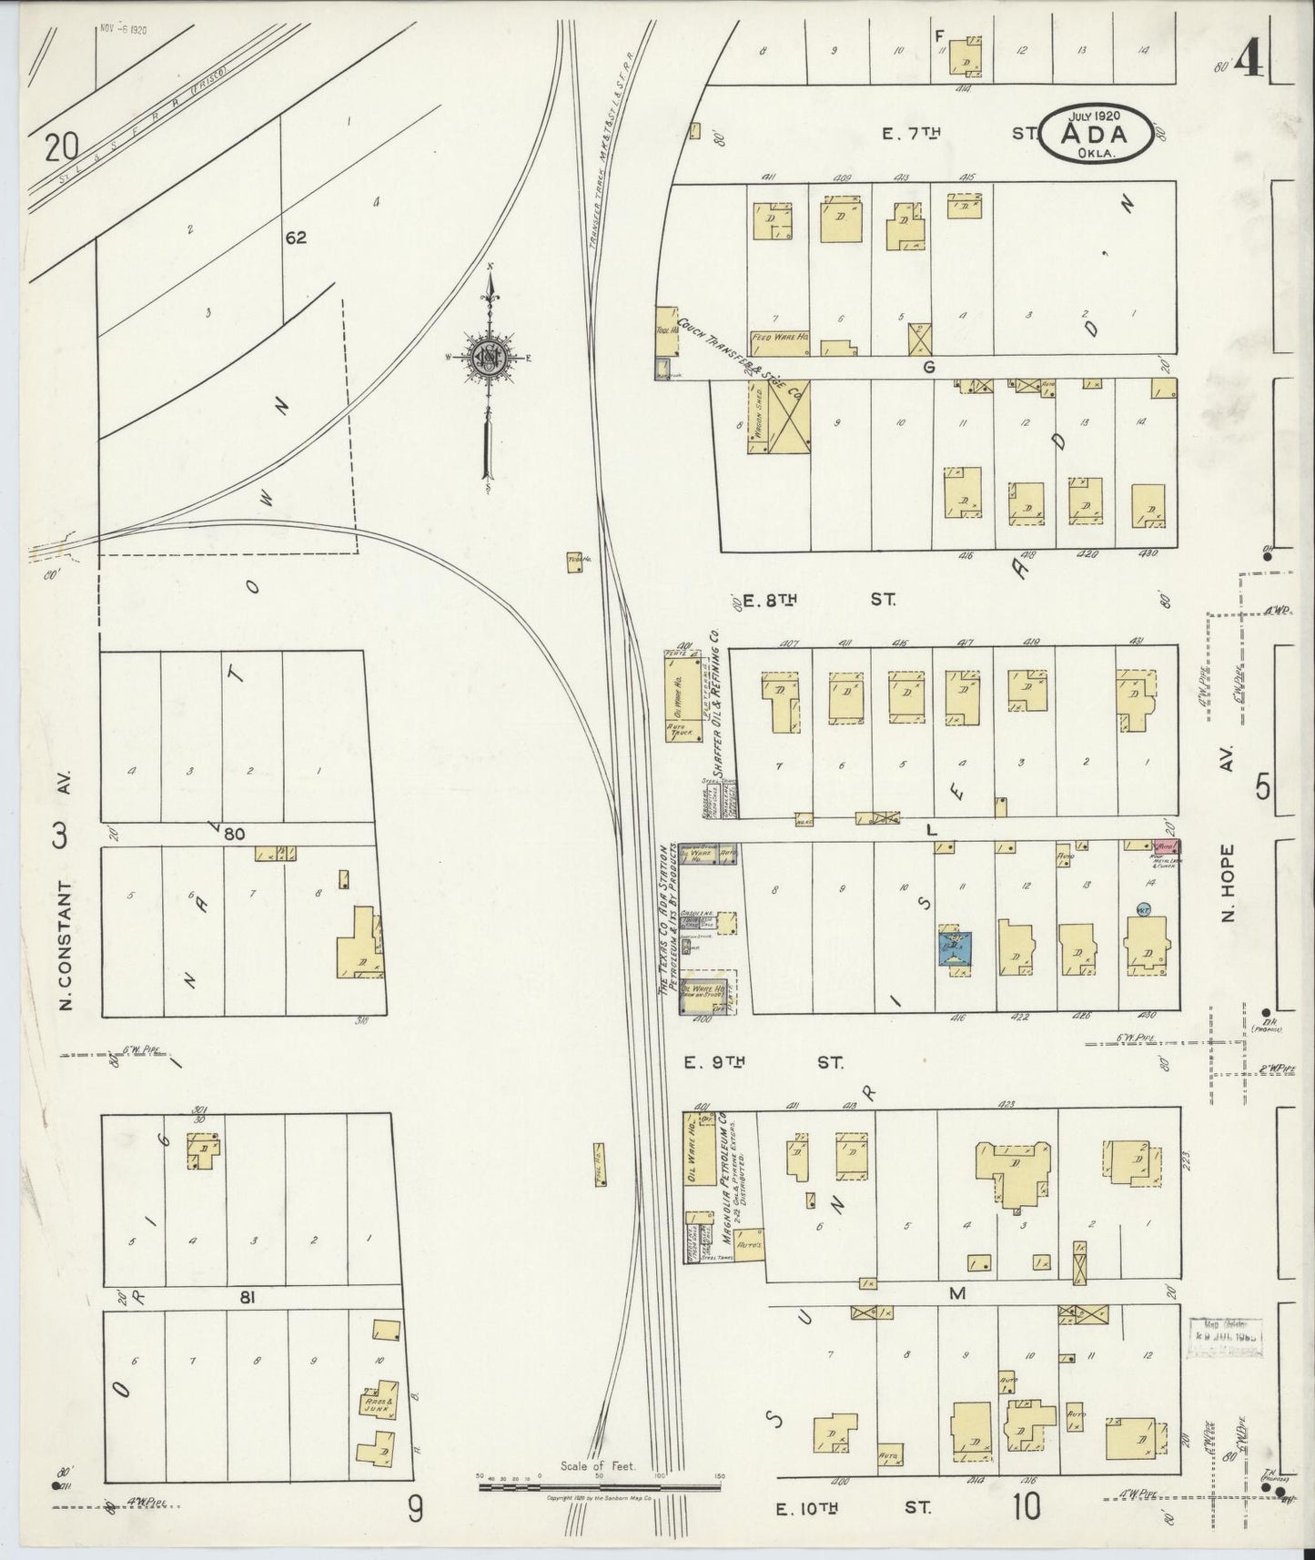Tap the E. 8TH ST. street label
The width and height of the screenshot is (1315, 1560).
(815, 600)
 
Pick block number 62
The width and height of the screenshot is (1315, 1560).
(296, 238)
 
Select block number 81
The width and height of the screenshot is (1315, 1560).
(245, 1299)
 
